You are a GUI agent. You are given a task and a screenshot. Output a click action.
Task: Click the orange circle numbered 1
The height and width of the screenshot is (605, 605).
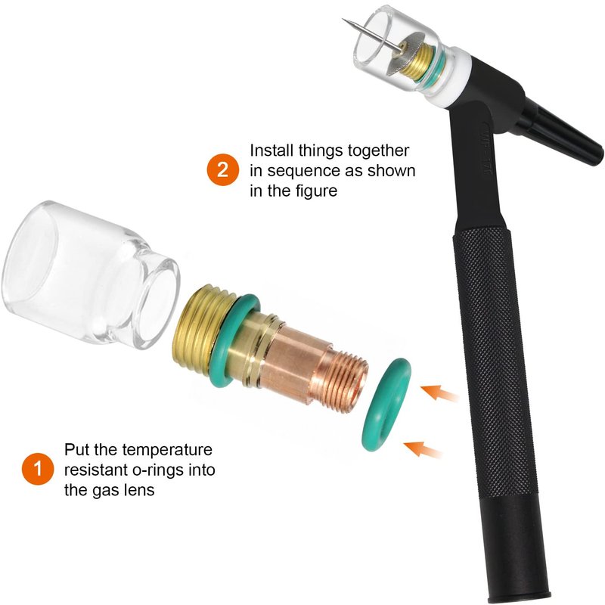pos(38,469)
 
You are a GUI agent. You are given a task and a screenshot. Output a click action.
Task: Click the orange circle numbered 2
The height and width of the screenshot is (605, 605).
pos(223,169)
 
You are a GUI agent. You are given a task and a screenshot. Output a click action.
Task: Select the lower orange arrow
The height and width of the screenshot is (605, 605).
pos(423,449)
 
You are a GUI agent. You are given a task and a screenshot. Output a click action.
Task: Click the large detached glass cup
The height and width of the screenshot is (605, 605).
pos(90,274)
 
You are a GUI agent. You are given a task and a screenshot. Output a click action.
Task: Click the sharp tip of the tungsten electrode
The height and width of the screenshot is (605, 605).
pos(343,19)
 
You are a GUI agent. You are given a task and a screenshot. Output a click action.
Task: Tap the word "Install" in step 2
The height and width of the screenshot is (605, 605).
pos(271,150)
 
